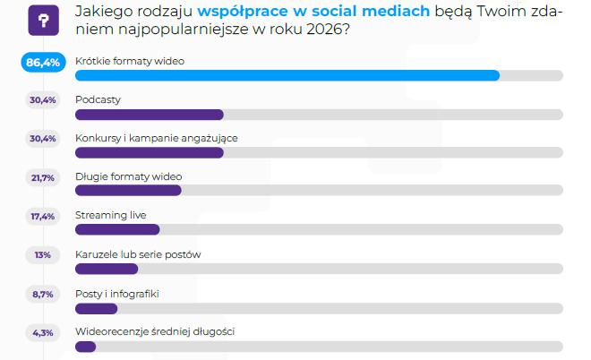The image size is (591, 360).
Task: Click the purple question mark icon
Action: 43,21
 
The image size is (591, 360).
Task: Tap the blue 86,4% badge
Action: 43,62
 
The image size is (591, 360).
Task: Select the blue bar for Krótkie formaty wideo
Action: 287,75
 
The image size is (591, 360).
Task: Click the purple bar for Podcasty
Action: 150,115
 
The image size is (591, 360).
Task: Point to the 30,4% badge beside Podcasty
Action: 43,100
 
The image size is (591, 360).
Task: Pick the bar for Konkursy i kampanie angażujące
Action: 150,152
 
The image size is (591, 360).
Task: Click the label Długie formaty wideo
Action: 129,176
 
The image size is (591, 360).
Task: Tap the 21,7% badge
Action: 43,177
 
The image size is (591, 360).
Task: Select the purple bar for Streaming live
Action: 117,229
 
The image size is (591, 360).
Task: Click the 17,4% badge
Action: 43,217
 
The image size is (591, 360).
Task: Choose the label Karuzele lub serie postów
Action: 138,254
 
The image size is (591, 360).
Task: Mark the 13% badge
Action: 43,255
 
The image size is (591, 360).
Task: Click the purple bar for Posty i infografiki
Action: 97,309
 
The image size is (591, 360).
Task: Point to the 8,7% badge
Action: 43,295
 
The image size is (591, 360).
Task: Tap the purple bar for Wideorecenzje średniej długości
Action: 86,347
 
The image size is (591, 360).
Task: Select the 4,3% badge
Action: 43,333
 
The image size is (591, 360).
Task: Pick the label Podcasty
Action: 98,100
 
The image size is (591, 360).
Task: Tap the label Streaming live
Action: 111,215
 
